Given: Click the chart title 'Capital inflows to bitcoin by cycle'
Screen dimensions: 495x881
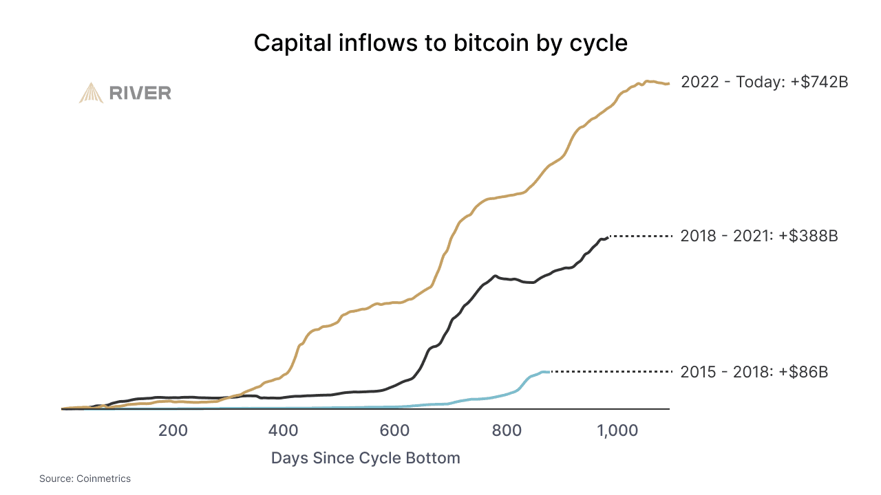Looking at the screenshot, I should pyautogui.click(x=440, y=43).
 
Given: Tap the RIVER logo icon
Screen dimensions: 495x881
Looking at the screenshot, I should pyautogui.click(x=91, y=93).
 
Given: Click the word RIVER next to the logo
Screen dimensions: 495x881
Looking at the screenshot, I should pyautogui.click(x=140, y=93).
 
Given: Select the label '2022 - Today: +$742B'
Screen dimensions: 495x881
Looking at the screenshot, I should pyautogui.click(x=764, y=82).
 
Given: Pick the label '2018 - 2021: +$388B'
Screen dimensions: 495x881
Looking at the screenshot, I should pyautogui.click(x=758, y=236).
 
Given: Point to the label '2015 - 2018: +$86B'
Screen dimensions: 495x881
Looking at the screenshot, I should pyautogui.click(x=754, y=372).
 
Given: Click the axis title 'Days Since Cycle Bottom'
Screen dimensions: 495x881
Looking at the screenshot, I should pyautogui.click(x=365, y=458).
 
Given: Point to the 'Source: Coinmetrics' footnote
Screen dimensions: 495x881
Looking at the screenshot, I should pyautogui.click(x=85, y=478).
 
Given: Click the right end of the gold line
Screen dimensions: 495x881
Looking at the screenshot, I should pyautogui.click(x=668, y=84).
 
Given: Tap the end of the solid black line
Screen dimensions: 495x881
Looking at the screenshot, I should pyautogui.click(x=607, y=237).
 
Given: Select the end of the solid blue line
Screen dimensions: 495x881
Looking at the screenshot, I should pyautogui.click(x=549, y=372).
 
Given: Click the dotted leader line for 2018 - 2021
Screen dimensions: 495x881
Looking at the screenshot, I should pyautogui.click(x=640, y=236).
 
